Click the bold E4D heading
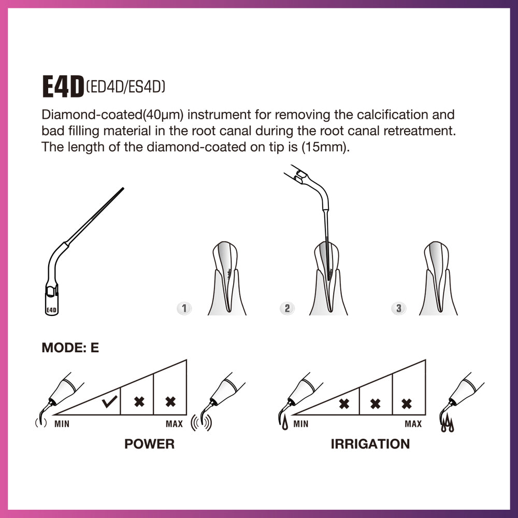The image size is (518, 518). click(63, 88)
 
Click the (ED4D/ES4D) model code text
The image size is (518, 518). click(125, 88)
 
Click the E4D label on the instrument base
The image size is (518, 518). click(51, 311)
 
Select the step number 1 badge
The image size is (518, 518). click(183, 309)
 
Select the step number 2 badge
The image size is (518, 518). click(287, 309)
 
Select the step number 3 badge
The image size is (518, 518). click(398, 309)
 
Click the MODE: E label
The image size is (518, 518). click(70, 348)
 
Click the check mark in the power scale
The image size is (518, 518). click(109, 402)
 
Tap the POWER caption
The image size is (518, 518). click(149, 444)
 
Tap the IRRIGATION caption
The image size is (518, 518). click(370, 444)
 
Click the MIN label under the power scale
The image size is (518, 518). click(62, 424)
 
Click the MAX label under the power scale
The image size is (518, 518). click(174, 424)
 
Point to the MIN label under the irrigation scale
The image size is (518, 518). click(300, 424)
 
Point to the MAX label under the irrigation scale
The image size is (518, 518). click(413, 424)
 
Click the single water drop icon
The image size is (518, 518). click(284, 425)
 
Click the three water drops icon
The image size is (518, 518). click(447, 426)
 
